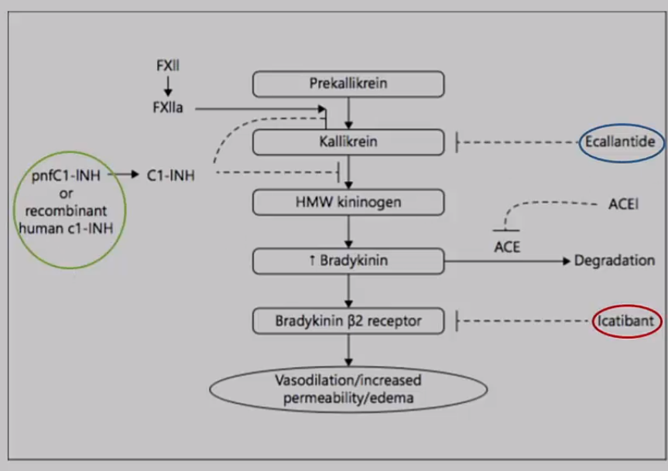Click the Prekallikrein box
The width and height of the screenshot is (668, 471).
coord(348,84)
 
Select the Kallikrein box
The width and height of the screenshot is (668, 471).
coord(348,142)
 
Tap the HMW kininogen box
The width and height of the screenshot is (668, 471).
coord(348,202)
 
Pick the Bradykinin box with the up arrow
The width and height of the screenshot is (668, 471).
coord(348,261)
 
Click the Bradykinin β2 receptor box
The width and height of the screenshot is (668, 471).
coord(348,319)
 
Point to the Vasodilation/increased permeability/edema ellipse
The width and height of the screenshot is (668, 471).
coord(348,390)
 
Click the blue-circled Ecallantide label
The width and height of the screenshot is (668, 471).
coord(620,142)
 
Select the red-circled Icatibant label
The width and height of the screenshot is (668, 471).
coord(627,319)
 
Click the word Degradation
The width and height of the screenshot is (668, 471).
coord(614,261)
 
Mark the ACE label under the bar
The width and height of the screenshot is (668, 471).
coord(505,247)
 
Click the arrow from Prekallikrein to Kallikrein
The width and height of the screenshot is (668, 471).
coord(349,113)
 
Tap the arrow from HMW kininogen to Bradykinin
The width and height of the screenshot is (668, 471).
coord(349,231)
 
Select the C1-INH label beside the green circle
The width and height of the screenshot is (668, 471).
coord(170,176)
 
